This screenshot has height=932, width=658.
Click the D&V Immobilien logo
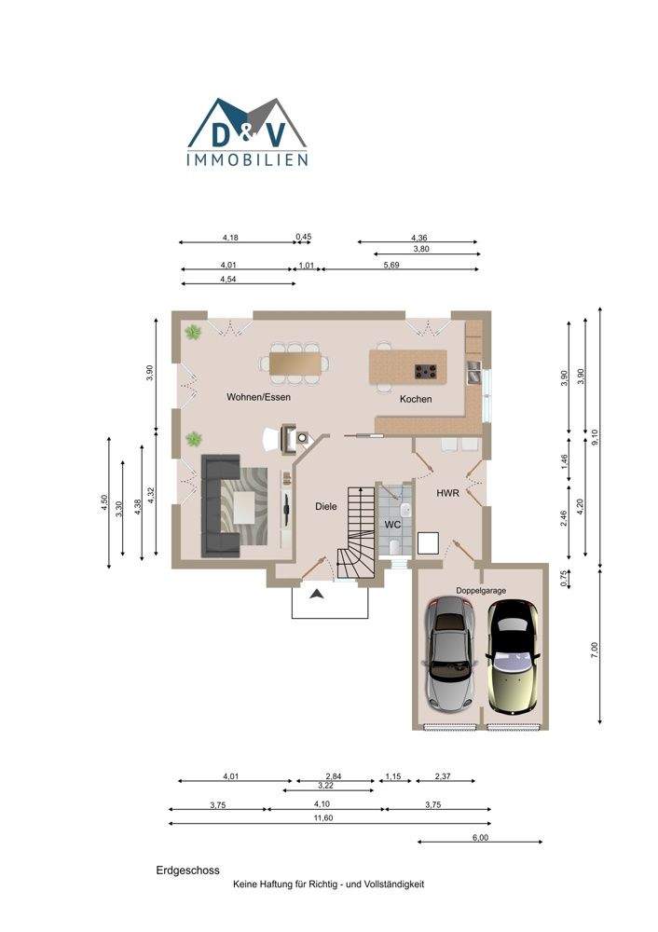click(x=247, y=132)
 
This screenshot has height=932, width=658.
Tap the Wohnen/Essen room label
click(x=258, y=397)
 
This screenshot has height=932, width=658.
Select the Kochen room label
click(x=416, y=399)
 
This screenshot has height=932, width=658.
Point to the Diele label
click(x=325, y=506)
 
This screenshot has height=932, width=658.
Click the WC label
click(x=393, y=525)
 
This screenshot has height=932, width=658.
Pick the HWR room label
click(x=447, y=493)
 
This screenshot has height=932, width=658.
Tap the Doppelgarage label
click(x=481, y=590)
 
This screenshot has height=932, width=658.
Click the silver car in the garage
click(x=451, y=654)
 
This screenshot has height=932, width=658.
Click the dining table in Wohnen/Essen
click(x=295, y=363)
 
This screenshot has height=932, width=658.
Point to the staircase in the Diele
click(x=357, y=531)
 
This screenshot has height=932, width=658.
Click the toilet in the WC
click(x=393, y=545)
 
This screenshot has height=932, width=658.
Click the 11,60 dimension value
click(x=323, y=818)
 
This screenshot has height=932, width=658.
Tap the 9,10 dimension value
click(x=596, y=437)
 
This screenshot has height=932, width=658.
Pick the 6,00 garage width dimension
click(x=480, y=838)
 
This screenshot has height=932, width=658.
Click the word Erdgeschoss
click(x=188, y=870)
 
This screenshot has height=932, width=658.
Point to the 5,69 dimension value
click(x=391, y=265)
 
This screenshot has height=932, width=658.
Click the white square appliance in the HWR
click(x=428, y=542)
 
